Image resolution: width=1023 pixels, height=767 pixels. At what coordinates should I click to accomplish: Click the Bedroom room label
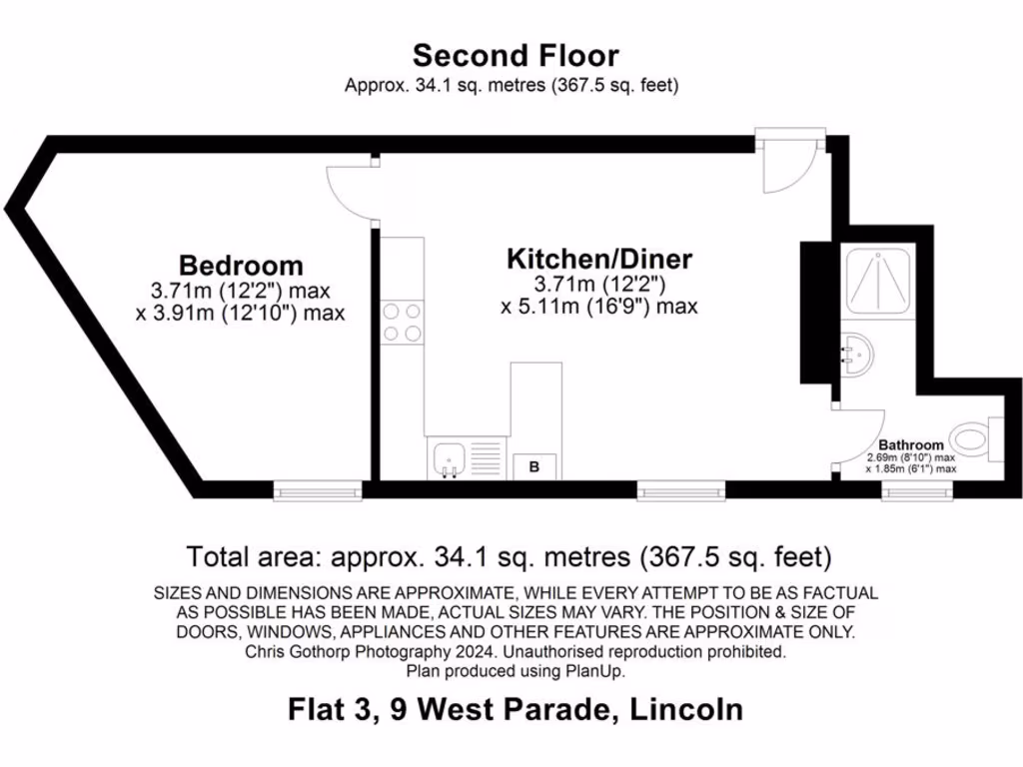(241, 266)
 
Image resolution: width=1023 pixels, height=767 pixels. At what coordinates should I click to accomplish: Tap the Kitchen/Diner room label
(599, 260)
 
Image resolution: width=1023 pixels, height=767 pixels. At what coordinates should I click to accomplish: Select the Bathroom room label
(910, 445)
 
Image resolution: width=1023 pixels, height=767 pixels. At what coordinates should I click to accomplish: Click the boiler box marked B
(533, 466)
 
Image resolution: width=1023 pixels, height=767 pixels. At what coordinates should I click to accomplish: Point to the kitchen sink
(448, 459)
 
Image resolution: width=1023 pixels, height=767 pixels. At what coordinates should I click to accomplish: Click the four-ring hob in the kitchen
(402, 323)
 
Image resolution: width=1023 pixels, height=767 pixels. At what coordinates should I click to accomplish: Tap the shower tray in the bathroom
(878, 283)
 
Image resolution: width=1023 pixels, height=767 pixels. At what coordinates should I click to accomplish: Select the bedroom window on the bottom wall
(318, 488)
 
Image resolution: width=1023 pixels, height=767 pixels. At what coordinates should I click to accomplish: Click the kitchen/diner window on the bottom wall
(682, 488)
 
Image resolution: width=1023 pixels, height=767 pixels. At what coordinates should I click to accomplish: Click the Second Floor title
(515, 55)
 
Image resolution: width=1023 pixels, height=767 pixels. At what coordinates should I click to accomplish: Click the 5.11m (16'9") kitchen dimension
(598, 306)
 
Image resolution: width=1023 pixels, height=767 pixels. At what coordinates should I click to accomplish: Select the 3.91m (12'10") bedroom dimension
(240, 313)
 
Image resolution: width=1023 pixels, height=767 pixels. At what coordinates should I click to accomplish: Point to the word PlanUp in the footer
(597, 671)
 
